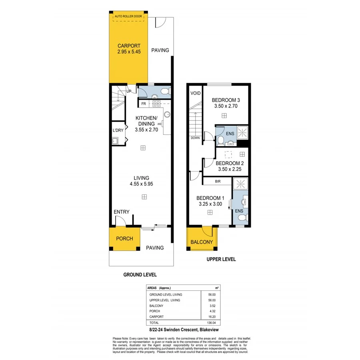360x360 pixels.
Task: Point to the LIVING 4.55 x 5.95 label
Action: pos(142,181)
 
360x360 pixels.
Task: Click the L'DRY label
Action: pos(118,130)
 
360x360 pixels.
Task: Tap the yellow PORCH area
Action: pos(124,239)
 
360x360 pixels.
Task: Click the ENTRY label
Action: pos(121,212)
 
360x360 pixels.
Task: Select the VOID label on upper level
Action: pos(195,93)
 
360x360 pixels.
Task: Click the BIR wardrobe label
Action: pos(218,182)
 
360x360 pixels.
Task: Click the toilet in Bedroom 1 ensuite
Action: pos(241,217)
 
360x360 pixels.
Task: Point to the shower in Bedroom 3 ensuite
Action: pos(243,132)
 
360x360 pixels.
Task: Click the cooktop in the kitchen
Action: pos(156,104)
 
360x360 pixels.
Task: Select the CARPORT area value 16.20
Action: pos(212,316)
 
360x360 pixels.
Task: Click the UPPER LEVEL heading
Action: pos(221,259)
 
